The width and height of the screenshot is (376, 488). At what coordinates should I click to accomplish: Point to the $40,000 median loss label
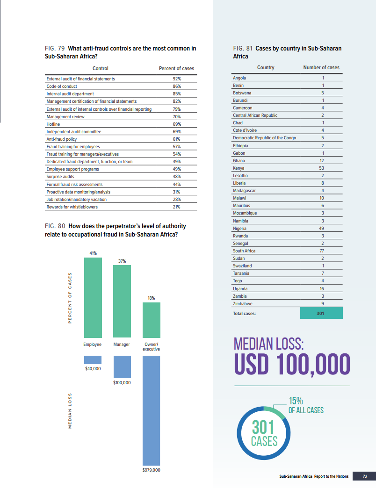(93, 368)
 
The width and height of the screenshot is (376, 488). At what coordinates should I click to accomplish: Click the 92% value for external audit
(176, 79)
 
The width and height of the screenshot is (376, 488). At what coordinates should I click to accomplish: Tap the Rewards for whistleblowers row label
(68, 207)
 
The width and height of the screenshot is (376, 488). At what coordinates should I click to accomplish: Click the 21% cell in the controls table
(176, 207)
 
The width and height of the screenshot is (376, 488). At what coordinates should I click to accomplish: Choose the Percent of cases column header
(176, 69)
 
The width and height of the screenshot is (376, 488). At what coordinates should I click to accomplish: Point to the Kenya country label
(239, 168)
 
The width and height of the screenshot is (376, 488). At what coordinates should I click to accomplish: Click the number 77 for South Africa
(322, 251)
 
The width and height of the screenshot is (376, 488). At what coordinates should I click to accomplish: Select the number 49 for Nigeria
(322, 229)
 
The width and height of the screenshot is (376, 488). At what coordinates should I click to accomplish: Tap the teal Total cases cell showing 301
(320, 313)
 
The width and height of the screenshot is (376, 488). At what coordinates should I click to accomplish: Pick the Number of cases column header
(321, 68)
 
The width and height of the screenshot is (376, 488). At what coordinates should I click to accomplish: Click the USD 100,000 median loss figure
(291, 365)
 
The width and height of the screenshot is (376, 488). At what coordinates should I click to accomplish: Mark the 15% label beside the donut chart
(296, 401)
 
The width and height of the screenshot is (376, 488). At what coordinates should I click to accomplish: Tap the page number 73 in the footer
(365, 476)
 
